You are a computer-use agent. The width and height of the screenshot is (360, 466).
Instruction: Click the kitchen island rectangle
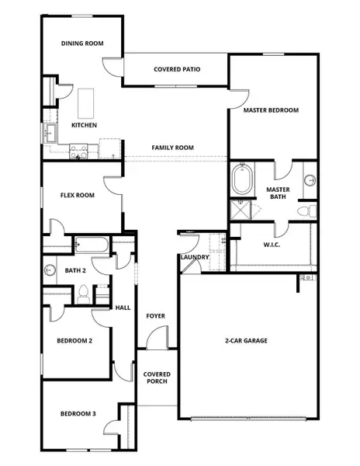pos(85,102)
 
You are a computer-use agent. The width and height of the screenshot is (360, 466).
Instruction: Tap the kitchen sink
pos(49,134)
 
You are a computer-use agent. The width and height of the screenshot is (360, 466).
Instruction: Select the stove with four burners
pos(78,149)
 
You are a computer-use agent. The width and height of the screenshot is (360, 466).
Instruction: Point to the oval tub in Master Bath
pos(241,180)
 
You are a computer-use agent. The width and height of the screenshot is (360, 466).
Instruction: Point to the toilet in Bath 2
pos(84,294)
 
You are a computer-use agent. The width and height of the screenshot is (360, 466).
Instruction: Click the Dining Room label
pos(82,44)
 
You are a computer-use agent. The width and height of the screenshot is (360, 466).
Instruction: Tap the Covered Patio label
pos(177,69)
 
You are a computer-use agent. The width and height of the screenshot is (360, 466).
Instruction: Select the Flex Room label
pos(78,195)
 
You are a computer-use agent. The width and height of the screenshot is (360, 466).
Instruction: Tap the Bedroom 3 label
pos(78,413)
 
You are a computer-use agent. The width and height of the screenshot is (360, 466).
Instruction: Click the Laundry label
pos(192,257)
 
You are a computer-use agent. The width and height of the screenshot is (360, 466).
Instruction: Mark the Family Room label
pos(172,148)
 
